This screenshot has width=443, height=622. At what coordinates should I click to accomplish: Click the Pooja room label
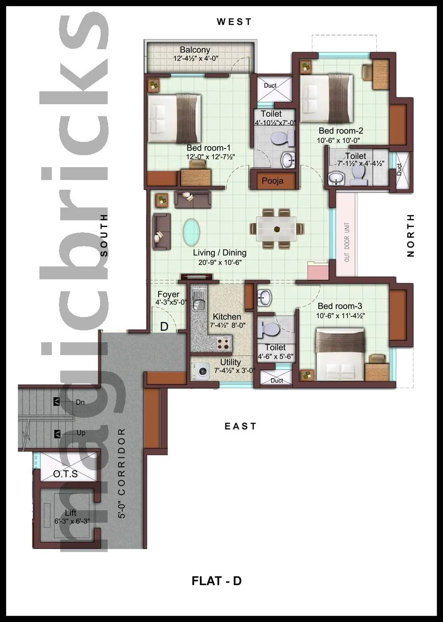[x=272, y=180]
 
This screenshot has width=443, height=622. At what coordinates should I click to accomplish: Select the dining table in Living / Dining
[x=277, y=229]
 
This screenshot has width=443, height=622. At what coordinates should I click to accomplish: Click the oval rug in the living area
[x=191, y=232]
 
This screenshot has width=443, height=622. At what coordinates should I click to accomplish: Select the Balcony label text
[x=195, y=50]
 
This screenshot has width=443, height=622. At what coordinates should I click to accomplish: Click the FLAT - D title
[x=217, y=580]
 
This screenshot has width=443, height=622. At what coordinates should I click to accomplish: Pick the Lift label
[x=71, y=513]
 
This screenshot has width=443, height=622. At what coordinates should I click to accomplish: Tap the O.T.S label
[x=66, y=474]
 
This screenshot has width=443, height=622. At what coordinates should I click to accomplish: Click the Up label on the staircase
[x=81, y=433]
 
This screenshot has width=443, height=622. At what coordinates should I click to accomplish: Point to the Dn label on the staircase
[x=80, y=402]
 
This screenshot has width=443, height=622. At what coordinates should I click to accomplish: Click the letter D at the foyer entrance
[x=164, y=327]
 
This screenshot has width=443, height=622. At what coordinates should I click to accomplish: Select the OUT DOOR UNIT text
[x=347, y=242]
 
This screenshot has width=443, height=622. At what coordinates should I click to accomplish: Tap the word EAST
[x=240, y=426]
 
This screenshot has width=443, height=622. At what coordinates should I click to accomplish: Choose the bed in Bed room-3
[x=340, y=354]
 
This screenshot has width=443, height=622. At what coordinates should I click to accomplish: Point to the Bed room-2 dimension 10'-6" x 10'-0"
[x=338, y=141]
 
